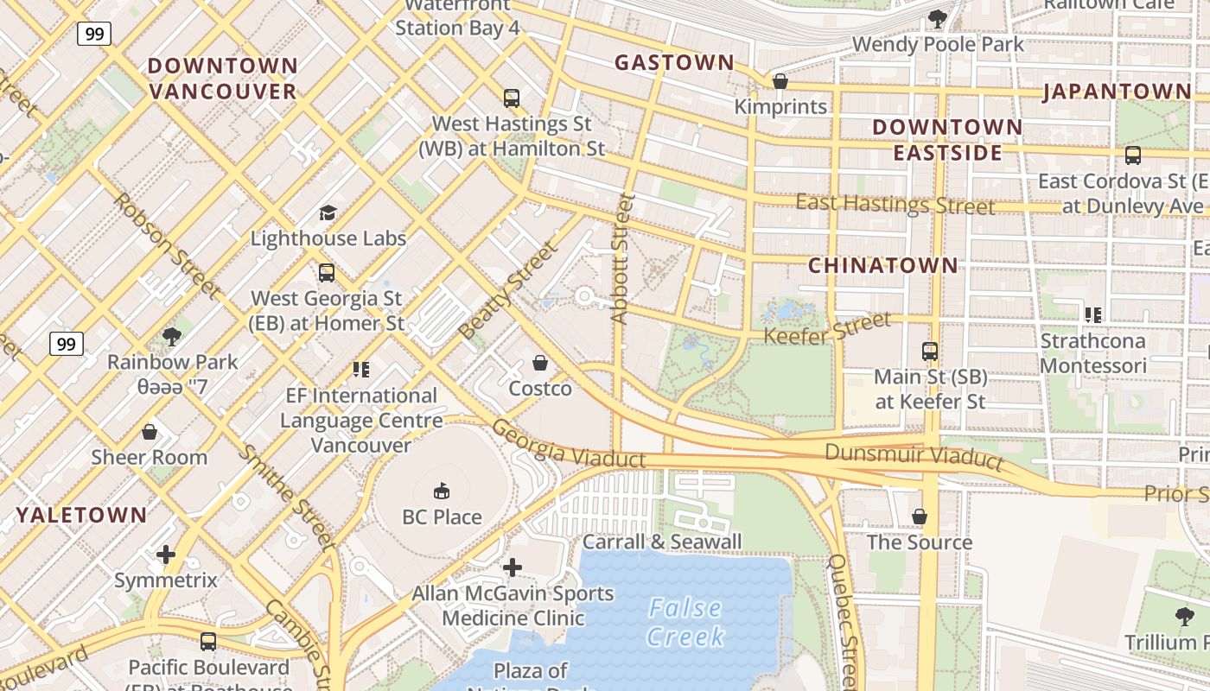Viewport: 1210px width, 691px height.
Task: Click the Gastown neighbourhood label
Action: (x=674, y=62)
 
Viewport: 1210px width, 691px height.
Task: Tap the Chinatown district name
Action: (x=882, y=265)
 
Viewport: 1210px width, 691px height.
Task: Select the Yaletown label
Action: (x=82, y=515)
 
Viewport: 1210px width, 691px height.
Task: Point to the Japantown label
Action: (x=1117, y=92)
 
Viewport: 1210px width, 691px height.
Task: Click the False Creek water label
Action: (x=686, y=622)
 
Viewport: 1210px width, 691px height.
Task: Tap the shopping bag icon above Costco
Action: (x=540, y=363)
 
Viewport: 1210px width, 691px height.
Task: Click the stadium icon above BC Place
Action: (x=442, y=491)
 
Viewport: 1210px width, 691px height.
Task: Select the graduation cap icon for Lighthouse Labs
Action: (x=328, y=212)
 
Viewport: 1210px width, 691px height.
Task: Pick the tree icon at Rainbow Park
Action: (x=172, y=336)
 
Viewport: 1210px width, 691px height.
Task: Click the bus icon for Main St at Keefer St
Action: (x=930, y=352)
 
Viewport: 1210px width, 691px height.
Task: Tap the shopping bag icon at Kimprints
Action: (x=780, y=81)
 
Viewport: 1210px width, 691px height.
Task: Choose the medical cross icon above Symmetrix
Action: (x=166, y=554)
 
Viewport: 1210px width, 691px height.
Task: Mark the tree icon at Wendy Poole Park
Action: (x=938, y=18)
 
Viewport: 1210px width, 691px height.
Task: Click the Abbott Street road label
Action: (x=621, y=259)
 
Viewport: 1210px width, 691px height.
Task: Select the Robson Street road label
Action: (x=165, y=245)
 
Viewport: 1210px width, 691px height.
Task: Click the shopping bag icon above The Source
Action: (x=920, y=517)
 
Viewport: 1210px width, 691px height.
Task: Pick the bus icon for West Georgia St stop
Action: (x=326, y=273)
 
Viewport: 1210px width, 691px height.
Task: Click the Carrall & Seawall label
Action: (x=662, y=542)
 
